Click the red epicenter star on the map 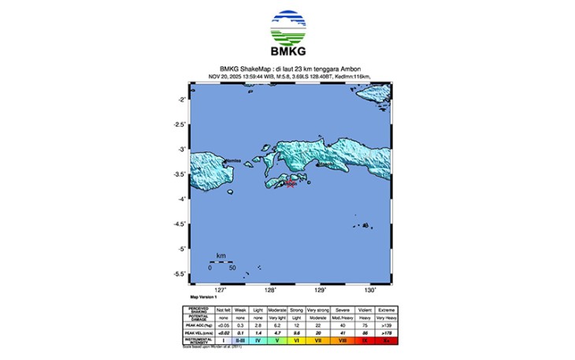(x=290, y=184)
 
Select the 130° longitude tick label (x=370, y=290)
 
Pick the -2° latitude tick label (x=180, y=99)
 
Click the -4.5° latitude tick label (x=179, y=224)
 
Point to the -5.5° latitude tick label (x=179, y=273)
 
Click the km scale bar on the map (x=221, y=262)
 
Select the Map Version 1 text (x=203, y=296)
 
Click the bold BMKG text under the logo (x=287, y=53)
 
